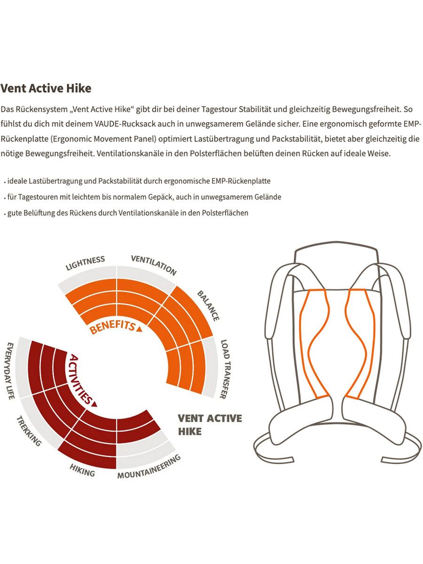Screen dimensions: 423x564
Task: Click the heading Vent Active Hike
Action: click(x=46, y=88)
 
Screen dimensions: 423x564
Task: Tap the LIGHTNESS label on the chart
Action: click(x=85, y=263)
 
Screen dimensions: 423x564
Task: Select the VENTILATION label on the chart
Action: click(x=154, y=265)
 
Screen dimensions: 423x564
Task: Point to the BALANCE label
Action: click(x=208, y=306)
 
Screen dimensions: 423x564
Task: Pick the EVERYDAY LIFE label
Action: click(x=10, y=370)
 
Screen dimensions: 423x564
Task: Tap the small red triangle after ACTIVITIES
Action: click(x=94, y=404)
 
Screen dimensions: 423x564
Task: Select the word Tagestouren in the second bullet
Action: click(x=38, y=197)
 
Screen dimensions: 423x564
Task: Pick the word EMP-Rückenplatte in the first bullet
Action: click(x=241, y=181)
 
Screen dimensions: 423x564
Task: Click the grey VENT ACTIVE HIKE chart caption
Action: click(x=210, y=425)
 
